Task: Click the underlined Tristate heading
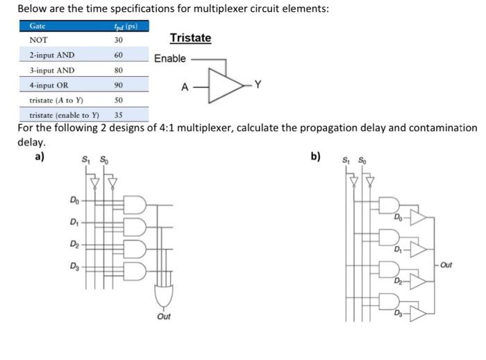pyautogui.click(x=190, y=38)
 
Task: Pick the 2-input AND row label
pyautogui.click(x=52, y=55)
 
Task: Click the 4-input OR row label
pyautogui.click(x=51, y=85)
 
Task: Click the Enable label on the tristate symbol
pyautogui.click(x=170, y=58)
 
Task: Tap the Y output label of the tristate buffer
pyautogui.click(x=258, y=85)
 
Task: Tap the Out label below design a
pyautogui.click(x=164, y=316)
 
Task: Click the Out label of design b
pyautogui.click(x=446, y=264)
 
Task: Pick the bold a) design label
pyautogui.click(x=40, y=156)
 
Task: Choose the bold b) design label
pyautogui.click(x=316, y=156)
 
